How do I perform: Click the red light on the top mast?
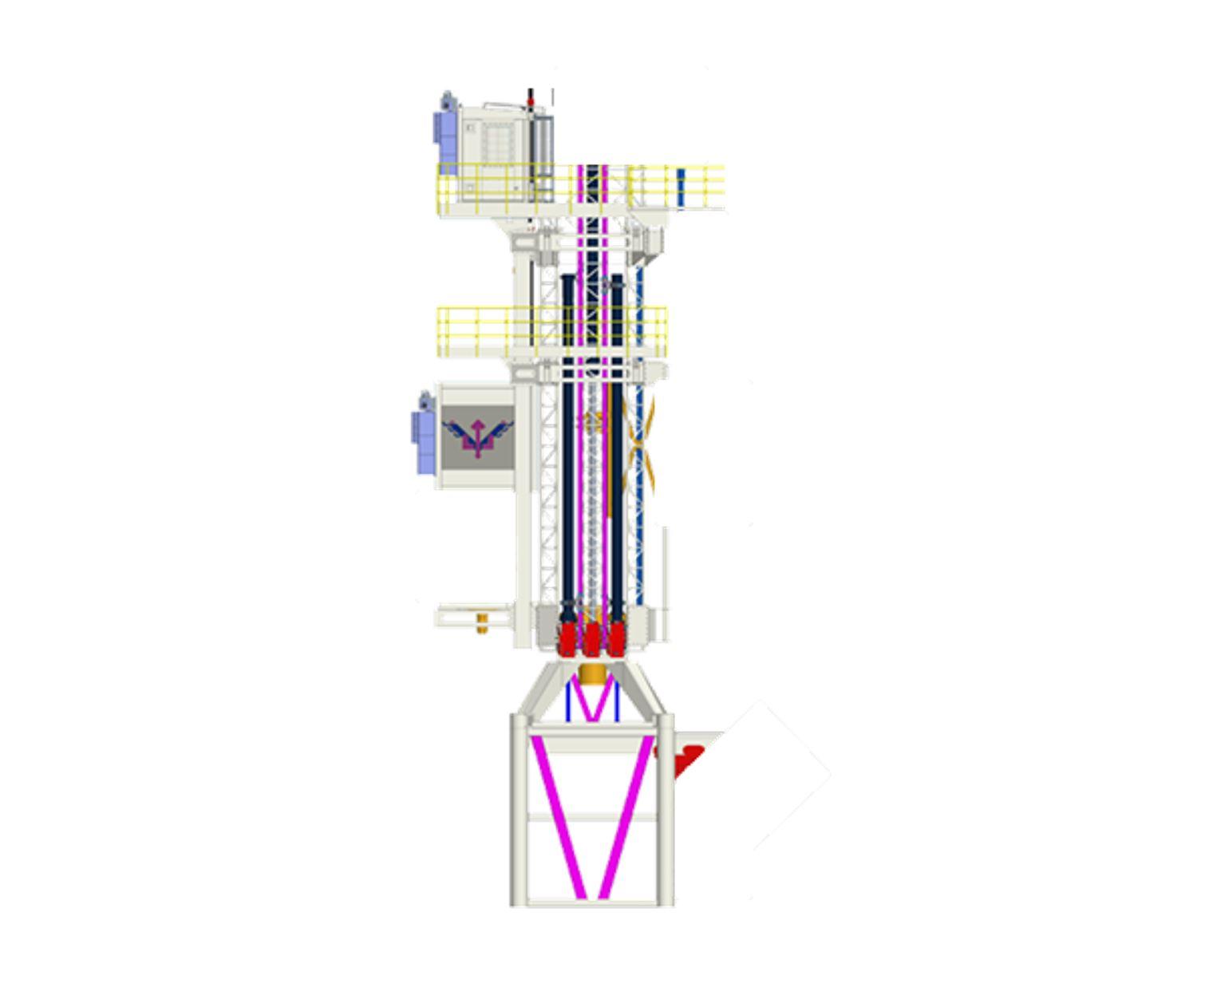[x=531, y=102]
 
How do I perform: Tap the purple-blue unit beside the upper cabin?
[x=443, y=128]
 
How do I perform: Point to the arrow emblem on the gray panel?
[x=477, y=437]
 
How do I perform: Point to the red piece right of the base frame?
[x=686, y=758]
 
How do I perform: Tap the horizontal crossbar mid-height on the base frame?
[x=592, y=818]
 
